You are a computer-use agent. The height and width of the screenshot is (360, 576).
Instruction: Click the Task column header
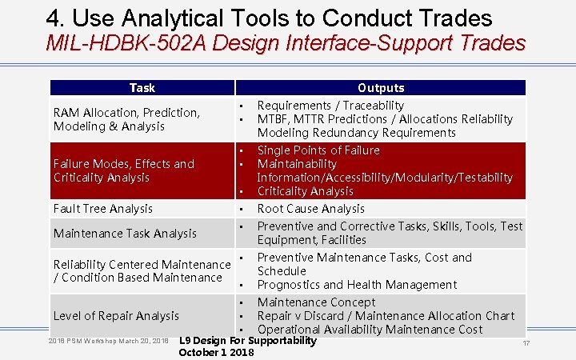tap(142, 88)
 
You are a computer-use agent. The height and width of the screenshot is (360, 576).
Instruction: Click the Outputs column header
tap(381, 88)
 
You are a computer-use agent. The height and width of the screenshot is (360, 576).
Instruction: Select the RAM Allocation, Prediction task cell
tap(126, 119)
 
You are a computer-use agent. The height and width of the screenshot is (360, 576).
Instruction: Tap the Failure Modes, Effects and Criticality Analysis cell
tap(124, 170)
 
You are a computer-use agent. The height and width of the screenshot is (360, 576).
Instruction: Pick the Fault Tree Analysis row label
tap(102, 209)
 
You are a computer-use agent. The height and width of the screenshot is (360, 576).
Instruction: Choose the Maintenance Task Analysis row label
tap(125, 234)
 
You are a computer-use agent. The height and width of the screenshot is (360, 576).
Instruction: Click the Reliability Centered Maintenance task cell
tap(141, 271)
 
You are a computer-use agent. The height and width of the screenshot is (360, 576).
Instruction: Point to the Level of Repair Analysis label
tap(116, 316)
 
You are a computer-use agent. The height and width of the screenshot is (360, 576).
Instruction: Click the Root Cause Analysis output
tap(310, 209)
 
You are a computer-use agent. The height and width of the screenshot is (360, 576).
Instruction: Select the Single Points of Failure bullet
tap(318, 150)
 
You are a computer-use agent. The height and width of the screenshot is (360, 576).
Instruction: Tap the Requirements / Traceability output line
tap(330, 106)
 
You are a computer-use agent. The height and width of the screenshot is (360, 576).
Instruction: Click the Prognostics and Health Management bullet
tap(357, 285)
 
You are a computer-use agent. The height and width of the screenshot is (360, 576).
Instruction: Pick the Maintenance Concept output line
tap(316, 302)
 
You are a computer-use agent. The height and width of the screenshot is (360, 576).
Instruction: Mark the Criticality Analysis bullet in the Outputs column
tap(305, 191)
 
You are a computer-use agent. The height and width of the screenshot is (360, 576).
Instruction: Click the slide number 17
tap(526, 343)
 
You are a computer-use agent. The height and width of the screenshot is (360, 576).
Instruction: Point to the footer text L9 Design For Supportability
tap(247, 341)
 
